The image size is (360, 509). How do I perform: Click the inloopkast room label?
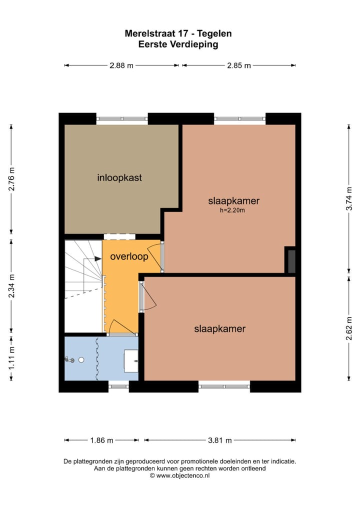click(x=119, y=177)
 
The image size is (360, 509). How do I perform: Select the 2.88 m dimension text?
click(x=121, y=65)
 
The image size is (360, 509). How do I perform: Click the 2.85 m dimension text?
click(x=238, y=65)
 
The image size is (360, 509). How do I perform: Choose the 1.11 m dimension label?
click(x=11, y=359)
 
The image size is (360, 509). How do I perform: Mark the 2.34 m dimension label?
click(x=11, y=285)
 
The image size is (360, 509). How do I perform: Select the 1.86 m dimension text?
click(x=101, y=440)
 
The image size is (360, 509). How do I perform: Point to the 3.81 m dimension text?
click(x=219, y=440)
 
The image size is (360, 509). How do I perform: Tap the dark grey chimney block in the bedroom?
click(x=290, y=260)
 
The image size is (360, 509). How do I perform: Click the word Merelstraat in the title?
click(x=149, y=34)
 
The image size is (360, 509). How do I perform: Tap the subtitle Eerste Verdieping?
click(x=178, y=44)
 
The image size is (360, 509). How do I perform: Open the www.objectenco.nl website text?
click(x=182, y=476)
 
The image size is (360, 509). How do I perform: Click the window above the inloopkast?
click(x=122, y=119)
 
